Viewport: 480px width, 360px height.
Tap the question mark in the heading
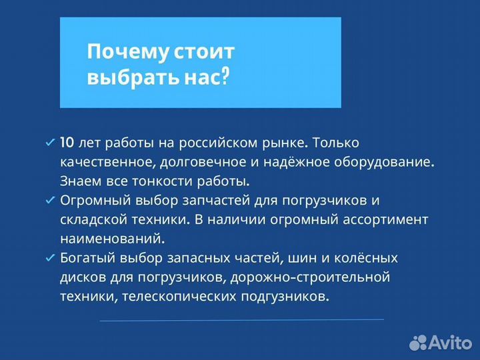click(x=225, y=78)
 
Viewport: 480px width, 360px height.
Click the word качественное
click(x=100, y=161)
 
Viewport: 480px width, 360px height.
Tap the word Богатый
click(x=84, y=258)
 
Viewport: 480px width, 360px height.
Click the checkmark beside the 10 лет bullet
click(x=49, y=143)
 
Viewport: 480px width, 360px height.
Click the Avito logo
click(x=441, y=342)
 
